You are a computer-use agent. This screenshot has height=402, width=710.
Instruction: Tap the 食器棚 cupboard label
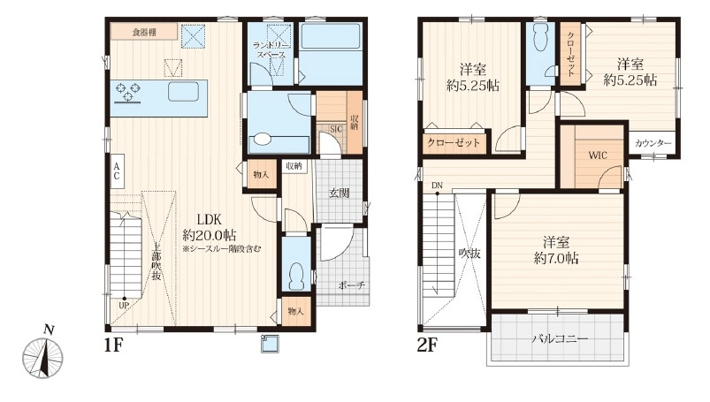click(x=144, y=32)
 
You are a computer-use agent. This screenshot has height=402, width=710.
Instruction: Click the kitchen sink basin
click(x=183, y=92)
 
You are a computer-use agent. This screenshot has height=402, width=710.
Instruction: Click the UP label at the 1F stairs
click(x=124, y=306)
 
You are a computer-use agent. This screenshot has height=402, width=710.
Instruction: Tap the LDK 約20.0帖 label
click(x=210, y=227)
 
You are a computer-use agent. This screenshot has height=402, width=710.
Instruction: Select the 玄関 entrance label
click(x=339, y=193)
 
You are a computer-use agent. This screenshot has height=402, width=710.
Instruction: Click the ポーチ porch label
click(x=351, y=285)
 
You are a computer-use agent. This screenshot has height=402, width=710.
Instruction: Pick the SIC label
click(x=336, y=129)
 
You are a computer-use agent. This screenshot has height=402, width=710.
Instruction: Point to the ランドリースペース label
click(x=271, y=49)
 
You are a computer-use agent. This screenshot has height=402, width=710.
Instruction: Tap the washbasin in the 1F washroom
click(x=262, y=139)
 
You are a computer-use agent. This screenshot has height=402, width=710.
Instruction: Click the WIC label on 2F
click(x=598, y=155)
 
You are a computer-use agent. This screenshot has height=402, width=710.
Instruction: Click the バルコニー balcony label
click(x=560, y=338)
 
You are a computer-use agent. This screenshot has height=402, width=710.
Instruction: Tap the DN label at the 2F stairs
click(x=437, y=186)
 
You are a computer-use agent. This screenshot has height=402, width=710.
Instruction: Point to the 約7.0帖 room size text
click(x=556, y=259)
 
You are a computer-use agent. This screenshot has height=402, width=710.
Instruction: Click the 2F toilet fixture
click(x=539, y=39)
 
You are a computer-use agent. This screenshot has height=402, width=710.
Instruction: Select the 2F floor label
click(x=427, y=345)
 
